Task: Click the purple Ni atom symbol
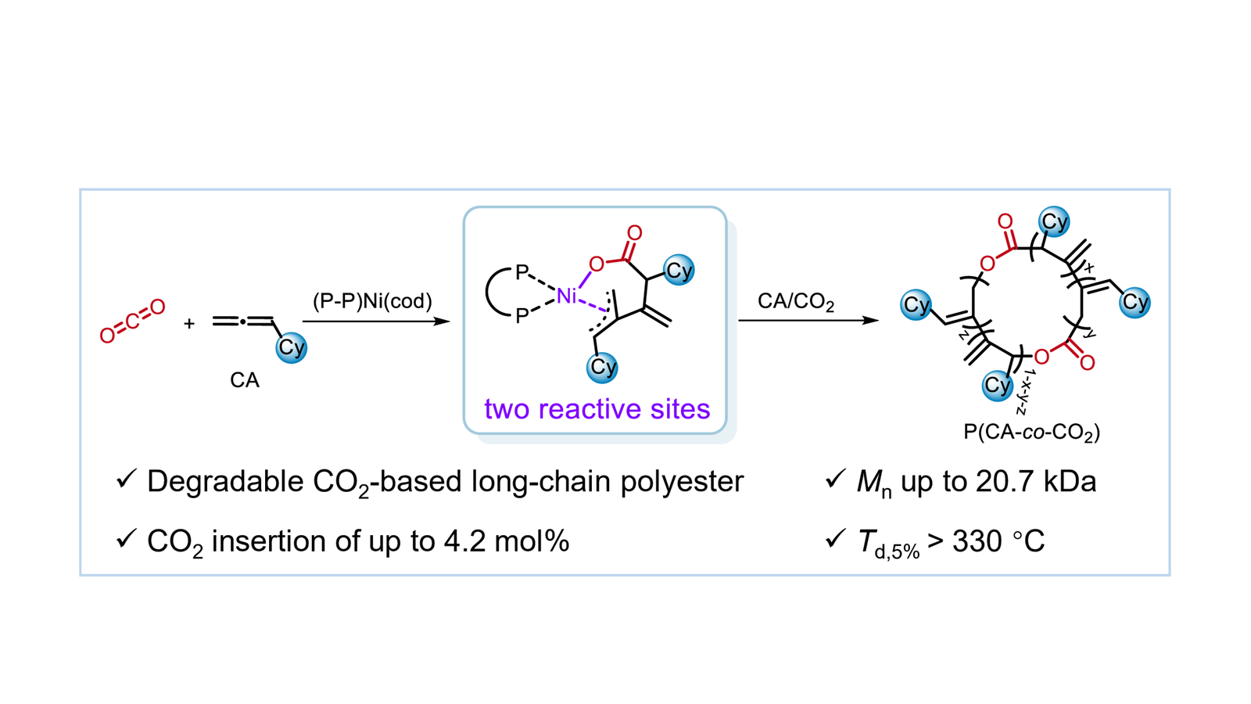[566, 296]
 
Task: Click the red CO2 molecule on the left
[132, 321]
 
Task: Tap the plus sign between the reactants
[189, 323]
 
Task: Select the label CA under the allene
[244, 380]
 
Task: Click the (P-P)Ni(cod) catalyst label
[372, 301]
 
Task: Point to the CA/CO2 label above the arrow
[796, 302]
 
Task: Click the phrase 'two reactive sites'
[597, 409]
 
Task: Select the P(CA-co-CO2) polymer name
[1031, 432]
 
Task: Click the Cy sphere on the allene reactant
[291, 347]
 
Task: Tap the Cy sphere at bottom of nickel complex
[602, 367]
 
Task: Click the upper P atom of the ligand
[522, 273]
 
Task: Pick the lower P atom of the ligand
[522, 317]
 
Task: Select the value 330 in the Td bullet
[977, 541]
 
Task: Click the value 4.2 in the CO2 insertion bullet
[464, 541]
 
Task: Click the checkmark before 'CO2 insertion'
[126, 538]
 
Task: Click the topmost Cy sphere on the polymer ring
[1053, 222]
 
